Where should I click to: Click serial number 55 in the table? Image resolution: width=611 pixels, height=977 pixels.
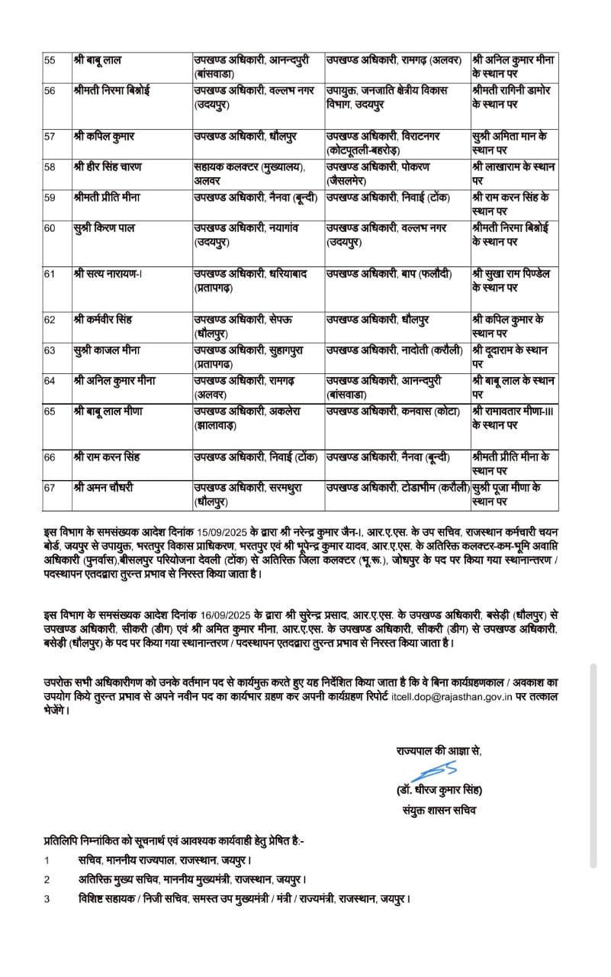[50, 60]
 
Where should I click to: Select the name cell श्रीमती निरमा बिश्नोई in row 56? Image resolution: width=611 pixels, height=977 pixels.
[112, 91]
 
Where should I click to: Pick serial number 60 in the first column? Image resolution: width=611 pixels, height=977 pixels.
[50, 228]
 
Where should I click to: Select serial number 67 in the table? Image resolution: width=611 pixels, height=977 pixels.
[50, 487]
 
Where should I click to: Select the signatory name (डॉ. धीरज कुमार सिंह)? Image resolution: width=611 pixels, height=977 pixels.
[435, 789]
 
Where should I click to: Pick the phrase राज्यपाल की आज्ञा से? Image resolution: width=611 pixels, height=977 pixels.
[439, 750]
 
